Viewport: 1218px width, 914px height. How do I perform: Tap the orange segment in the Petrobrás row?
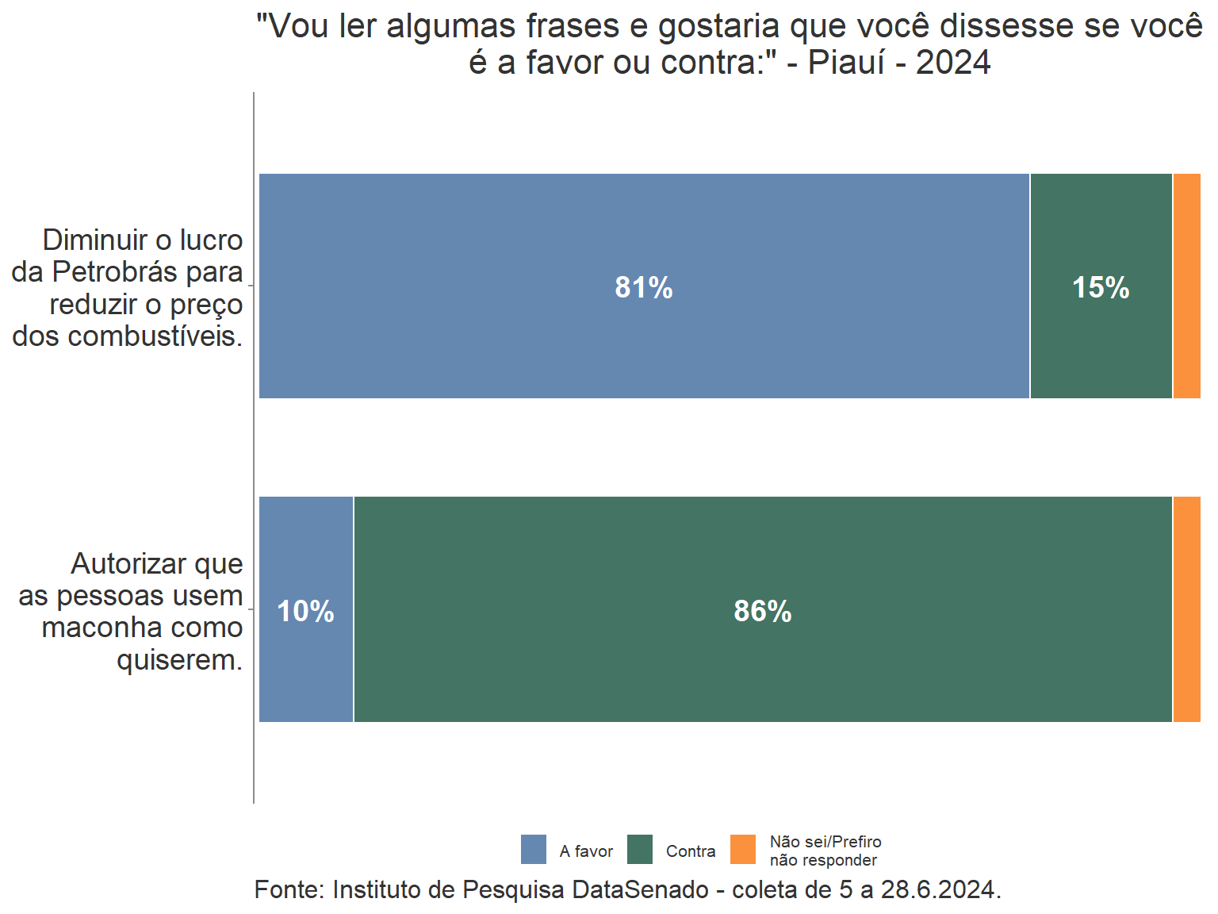click(x=1186, y=286)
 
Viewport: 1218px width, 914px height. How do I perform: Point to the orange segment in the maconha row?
click(x=1186, y=609)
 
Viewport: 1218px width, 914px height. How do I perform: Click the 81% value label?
click(x=644, y=287)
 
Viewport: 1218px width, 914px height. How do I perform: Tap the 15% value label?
click(x=1101, y=287)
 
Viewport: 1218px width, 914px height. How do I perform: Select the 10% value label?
click(x=306, y=611)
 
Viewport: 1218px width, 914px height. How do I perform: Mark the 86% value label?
click(x=763, y=611)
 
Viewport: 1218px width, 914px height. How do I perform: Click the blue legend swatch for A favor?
click(x=534, y=849)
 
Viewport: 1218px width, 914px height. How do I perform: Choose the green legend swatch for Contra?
click(x=640, y=849)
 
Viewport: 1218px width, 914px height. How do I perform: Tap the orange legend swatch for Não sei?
click(x=743, y=849)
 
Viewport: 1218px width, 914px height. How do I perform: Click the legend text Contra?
click(x=691, y=851)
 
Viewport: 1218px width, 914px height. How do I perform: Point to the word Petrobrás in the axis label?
click(x=115, y=272)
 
